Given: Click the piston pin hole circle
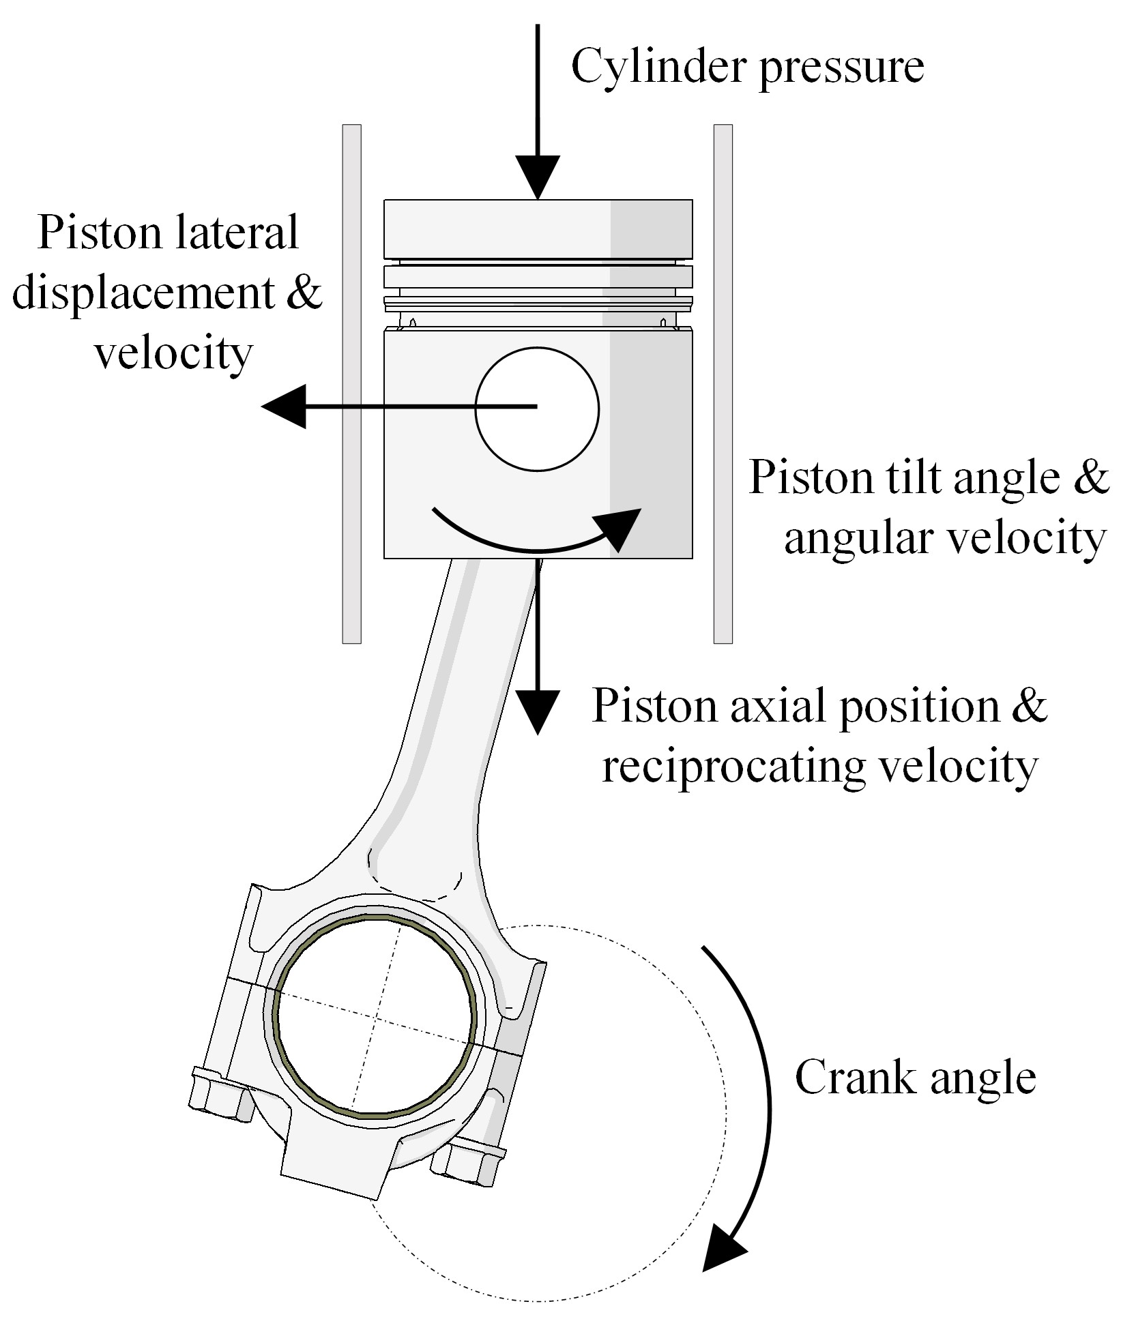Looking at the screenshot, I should click(537, 409).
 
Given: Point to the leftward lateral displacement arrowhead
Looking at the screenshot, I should click(285, 406).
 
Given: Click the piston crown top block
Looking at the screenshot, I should click(538, 228).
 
